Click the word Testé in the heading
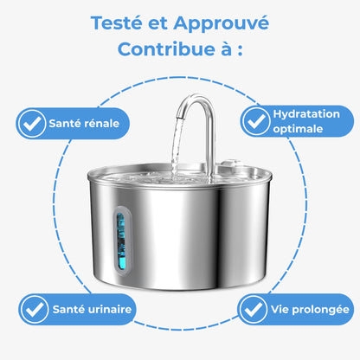(x=117, y=22)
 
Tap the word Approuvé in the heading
(x=221, y=24)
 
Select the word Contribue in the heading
(x=166, y=49)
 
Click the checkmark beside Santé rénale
(x=32, y=124)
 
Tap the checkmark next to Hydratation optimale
(x=256, y=121)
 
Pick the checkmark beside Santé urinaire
(x=35, y=309)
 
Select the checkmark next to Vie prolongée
(x=253, y=309)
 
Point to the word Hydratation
(x=306, y=114)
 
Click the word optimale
(x=298, y=129)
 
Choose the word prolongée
(x=320, y=310)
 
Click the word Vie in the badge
(x=280, y=309)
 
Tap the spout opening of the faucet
(x=179, y=118)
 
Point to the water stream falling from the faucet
(x=176, y=147)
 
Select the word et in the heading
(x=157, y=23)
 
